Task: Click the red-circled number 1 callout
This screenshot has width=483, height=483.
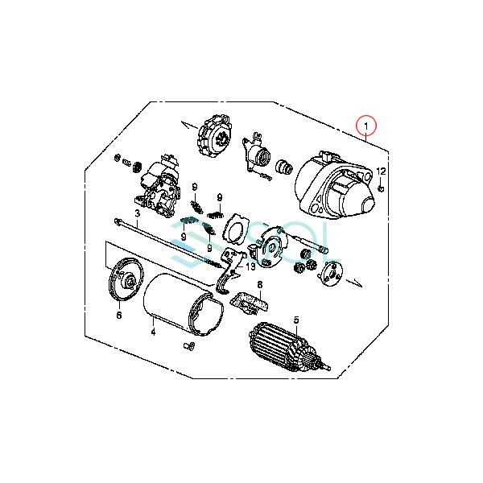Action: (x=367, y=127)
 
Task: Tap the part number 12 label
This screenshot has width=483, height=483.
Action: (x=382, y=171)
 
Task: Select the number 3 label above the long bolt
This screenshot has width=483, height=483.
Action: (x=138, y=214)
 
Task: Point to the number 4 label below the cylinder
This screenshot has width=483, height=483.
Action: (x=153, y=330)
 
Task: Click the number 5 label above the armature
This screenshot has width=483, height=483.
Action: (x=295, y=320)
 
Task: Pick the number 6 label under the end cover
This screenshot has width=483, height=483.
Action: (x=118, y=316)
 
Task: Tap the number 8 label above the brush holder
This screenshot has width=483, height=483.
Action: (x=260, y=285)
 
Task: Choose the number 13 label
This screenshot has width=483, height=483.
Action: (x=250, y=266)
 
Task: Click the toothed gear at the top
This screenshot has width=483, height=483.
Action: (x=214, y=142)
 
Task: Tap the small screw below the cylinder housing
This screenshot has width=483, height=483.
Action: (x=190, y=347)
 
